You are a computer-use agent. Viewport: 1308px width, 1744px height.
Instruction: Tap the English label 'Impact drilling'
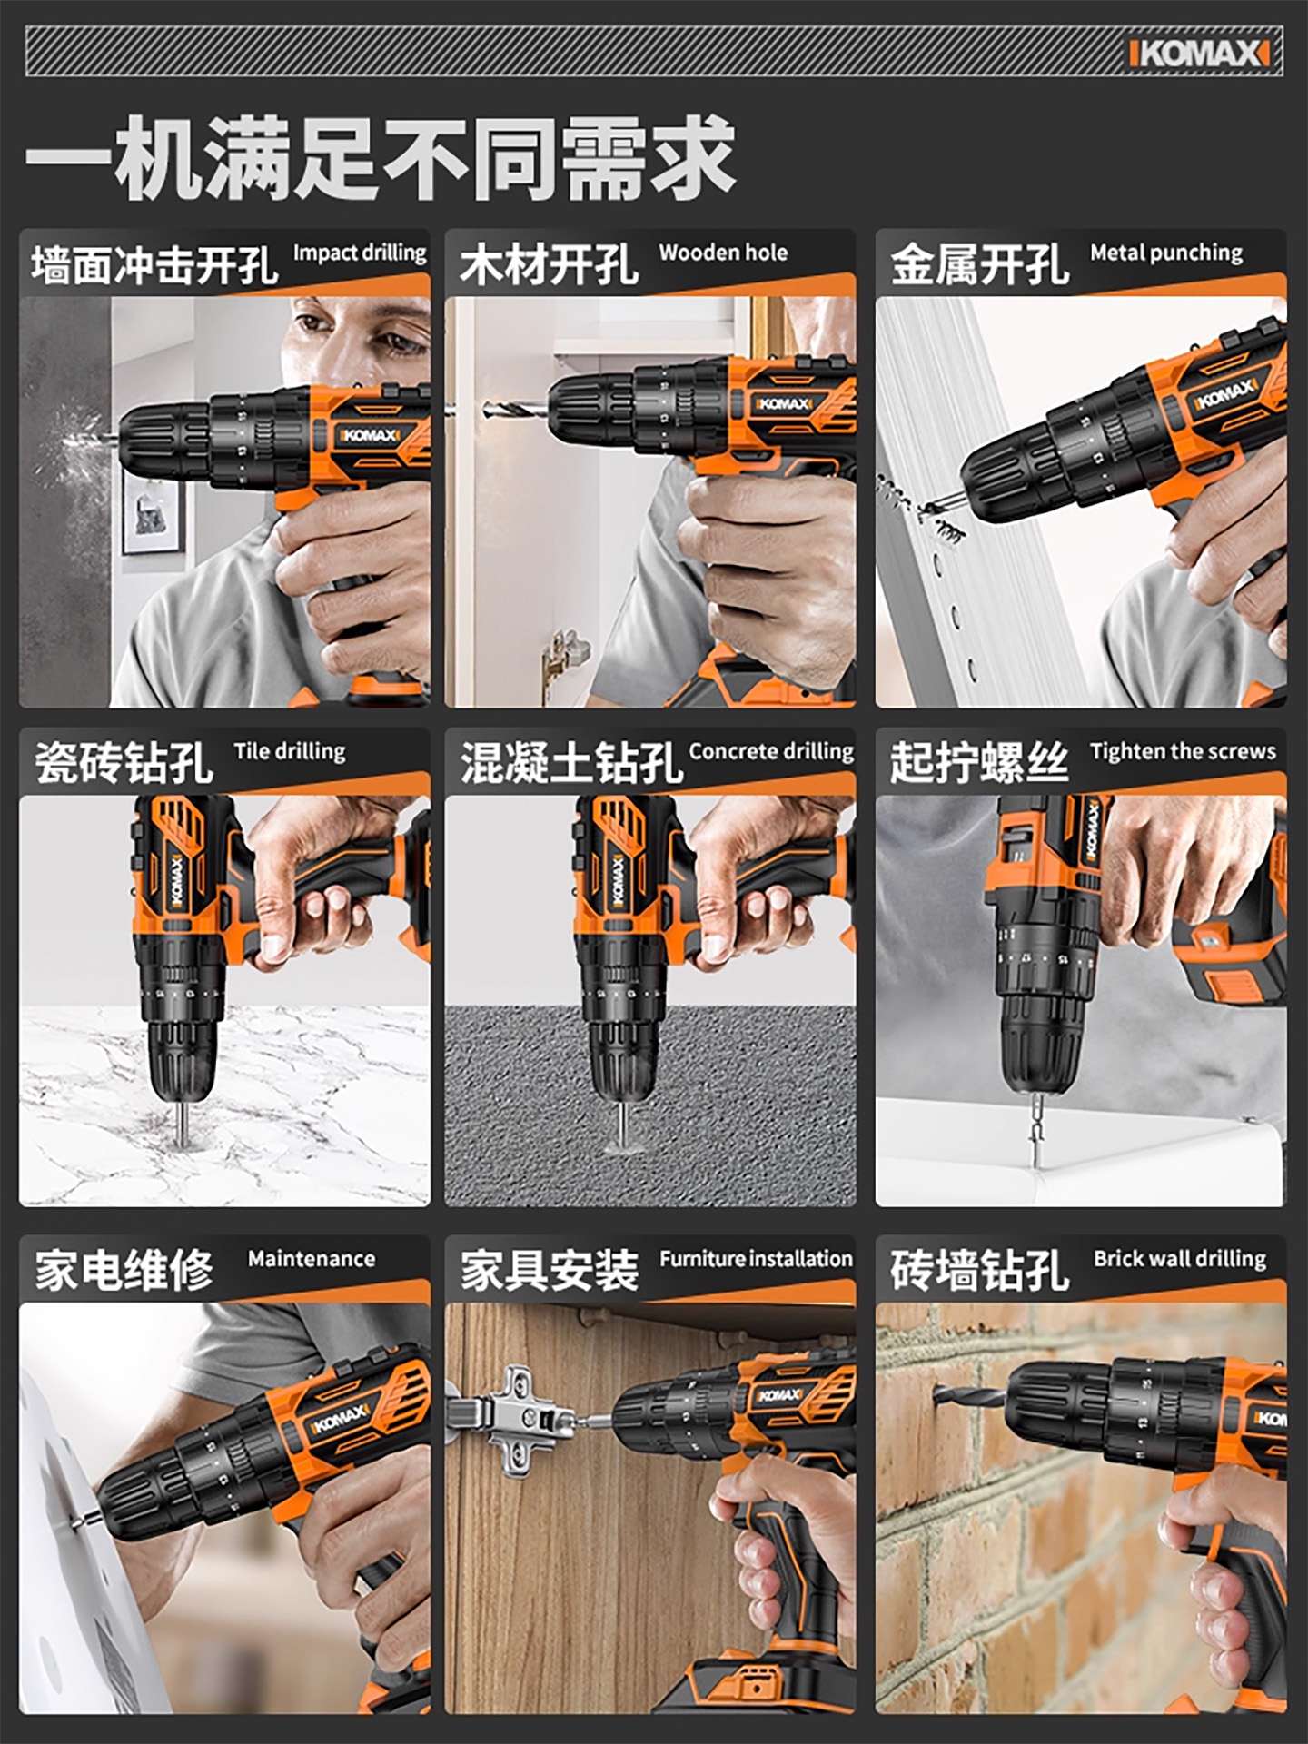pyautogui.click(x=360, y=253)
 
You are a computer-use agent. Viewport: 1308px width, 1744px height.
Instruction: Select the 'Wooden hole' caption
pyautogui.click(x=723, y=253)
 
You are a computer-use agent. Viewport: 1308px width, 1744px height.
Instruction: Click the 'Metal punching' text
pyautogui.click(x=1166, y=253)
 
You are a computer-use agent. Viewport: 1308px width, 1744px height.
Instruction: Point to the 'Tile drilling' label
pyautogui.click(x=290, y=752)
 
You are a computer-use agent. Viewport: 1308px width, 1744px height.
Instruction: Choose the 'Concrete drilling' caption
pyautogui.click(x=771, y=752)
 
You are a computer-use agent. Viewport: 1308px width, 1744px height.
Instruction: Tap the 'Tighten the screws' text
pyautogui.click(x=1183, y=751)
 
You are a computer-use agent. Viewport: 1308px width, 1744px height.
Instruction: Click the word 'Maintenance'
pyautogui.click(x=312, y=1259)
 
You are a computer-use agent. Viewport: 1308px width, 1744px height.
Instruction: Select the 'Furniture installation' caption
pyautogui.click(x=756, y=1259)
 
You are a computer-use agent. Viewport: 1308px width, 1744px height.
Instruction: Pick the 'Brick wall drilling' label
pyautogui.click(x=1180, y=1259)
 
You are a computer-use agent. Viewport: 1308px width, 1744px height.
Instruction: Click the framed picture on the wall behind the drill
pyautogui.click(x=153, y=515)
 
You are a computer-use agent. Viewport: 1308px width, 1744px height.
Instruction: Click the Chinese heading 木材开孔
pyautogui.click(x=549, y=265)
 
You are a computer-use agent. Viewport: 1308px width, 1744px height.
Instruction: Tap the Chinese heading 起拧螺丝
pyautogui.click(x=979, y=762)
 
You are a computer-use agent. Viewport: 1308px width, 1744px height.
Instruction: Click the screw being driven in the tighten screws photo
pyautogui.click(x=1035, y=1141)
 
